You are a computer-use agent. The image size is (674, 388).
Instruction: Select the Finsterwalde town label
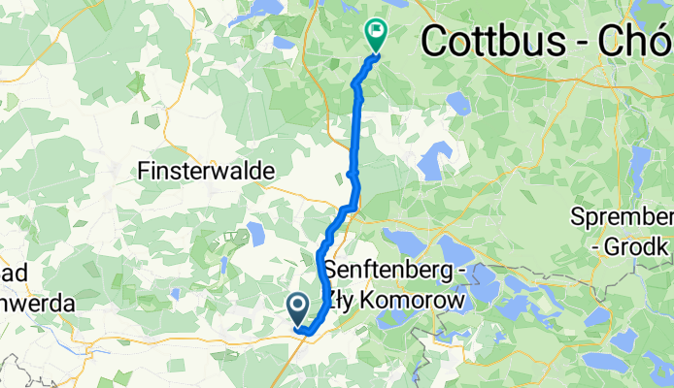[x=207, y=170]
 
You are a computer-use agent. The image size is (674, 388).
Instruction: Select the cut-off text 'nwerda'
[x=37, y=302]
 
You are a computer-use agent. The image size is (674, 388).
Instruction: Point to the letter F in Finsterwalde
[x=145, y=170]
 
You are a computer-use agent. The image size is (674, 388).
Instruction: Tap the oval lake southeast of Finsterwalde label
[x=256, y=233]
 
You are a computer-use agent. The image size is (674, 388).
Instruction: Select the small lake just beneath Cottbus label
[x=457, y=103]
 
